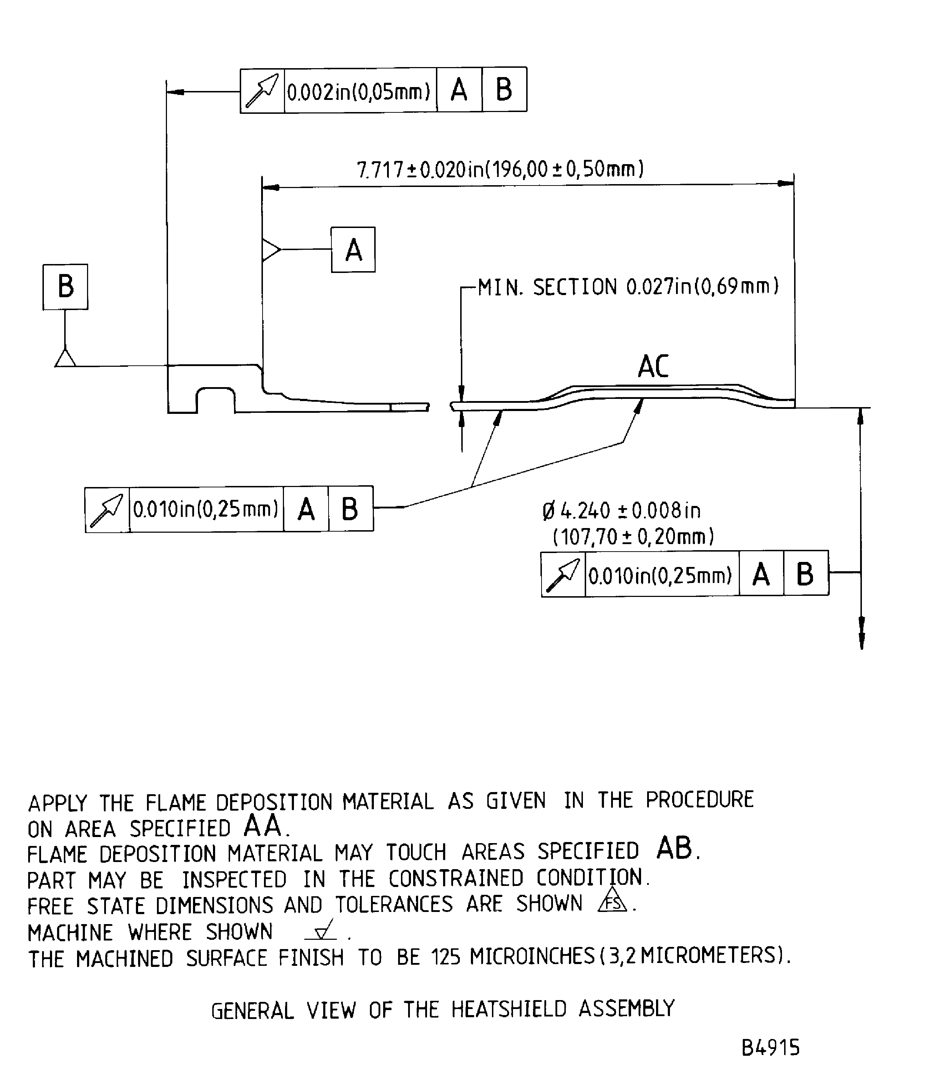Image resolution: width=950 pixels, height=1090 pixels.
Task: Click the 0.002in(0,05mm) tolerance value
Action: (x=359, y=92)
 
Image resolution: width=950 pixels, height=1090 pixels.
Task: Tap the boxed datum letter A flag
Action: (x=353, y=250)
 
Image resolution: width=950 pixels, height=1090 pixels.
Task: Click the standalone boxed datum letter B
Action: (x=65, y=287)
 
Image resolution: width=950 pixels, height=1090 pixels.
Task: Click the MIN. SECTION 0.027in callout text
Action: (x=628, y=287)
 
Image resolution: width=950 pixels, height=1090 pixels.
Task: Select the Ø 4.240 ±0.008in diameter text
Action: (x=621, y=511)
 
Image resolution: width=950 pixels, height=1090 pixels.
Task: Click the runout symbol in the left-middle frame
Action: (x=107, y=510)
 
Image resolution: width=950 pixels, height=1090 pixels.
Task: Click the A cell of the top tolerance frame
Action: (x=459, y=90)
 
